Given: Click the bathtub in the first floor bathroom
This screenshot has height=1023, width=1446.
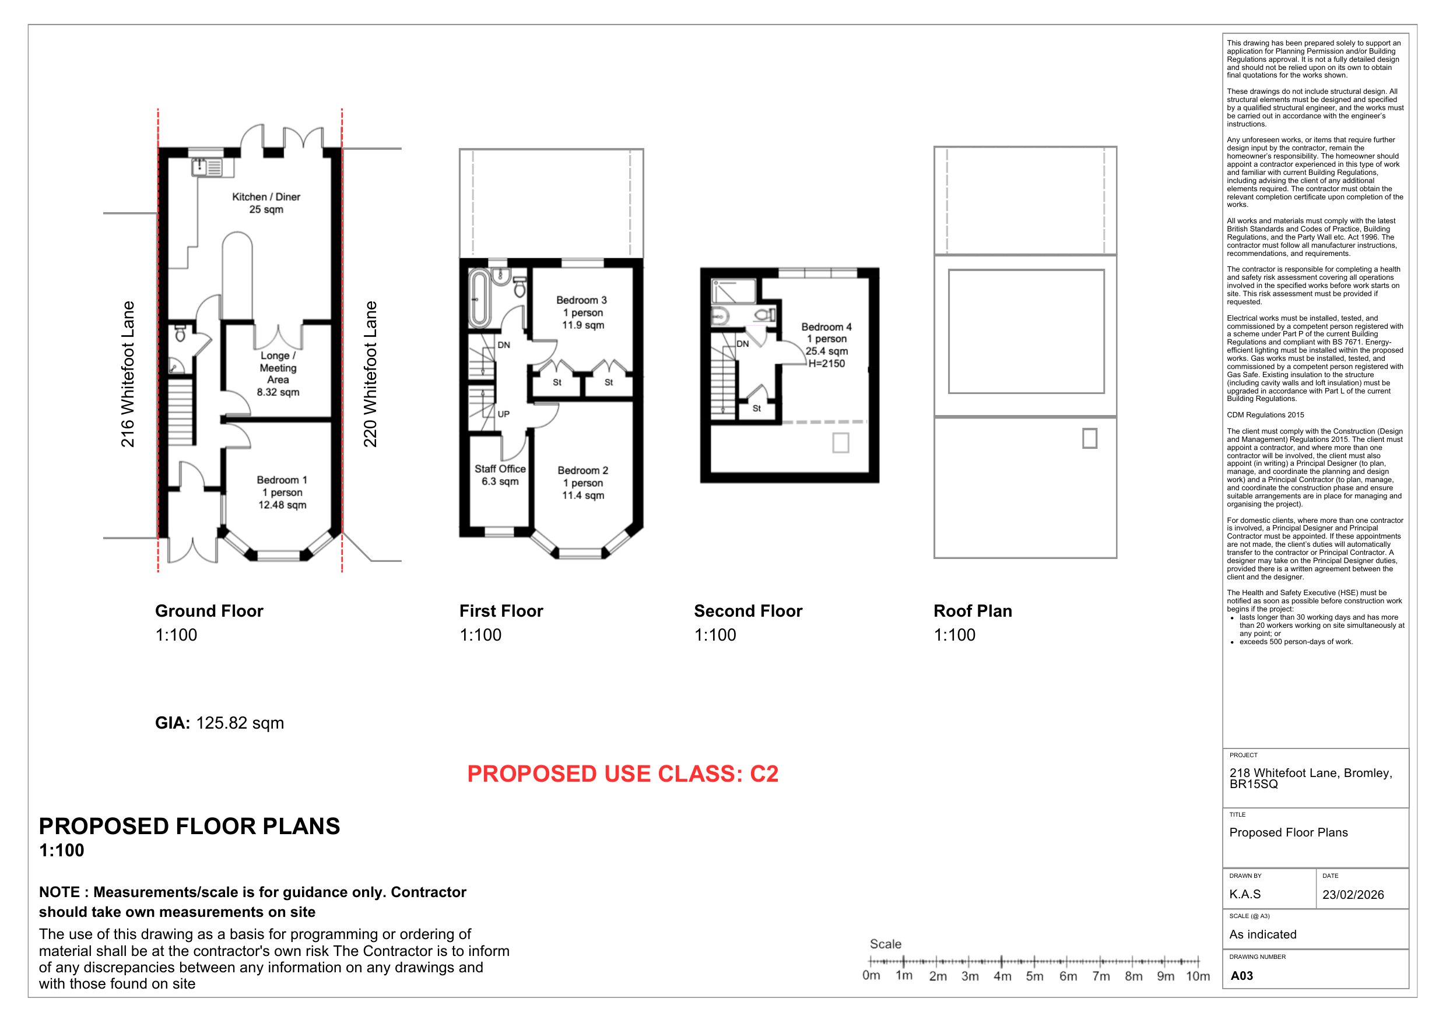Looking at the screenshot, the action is click(479, 298).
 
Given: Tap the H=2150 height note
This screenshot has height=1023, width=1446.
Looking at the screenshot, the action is click(826, 364).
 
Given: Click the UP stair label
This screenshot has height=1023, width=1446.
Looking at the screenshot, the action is click(503, 414).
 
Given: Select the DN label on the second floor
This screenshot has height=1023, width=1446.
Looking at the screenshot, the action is click(743, 344).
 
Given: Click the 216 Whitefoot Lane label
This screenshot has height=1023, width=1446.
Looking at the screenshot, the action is click(128, 374).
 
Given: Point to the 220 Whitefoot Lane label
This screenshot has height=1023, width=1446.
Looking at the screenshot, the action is click(370, 374).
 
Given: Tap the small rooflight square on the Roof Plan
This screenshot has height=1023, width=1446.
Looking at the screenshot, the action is click(1089, 438).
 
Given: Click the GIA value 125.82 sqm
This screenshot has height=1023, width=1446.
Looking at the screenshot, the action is click(240, 723).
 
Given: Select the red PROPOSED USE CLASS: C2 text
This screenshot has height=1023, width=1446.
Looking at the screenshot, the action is click(623, 774).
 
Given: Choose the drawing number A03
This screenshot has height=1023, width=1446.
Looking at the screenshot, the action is click(1241, 976).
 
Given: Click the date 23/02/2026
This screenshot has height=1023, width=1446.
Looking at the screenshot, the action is click(1353, 895).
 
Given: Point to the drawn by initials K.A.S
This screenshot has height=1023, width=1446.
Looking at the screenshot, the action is click(1245, 894).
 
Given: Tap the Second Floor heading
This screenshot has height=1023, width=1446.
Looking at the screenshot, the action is click(748, 611).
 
